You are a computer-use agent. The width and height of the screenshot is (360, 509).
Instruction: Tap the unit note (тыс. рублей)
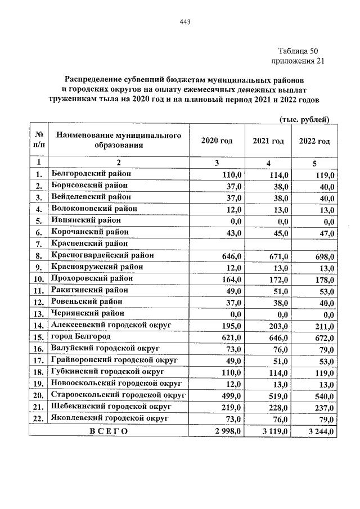[x=304, y=119]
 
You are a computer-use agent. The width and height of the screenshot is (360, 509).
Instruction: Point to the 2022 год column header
[x=314, y=141]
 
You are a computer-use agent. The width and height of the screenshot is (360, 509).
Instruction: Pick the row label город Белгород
[x=80, y=337]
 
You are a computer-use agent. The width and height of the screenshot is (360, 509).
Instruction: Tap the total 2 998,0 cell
[x=226, y=431]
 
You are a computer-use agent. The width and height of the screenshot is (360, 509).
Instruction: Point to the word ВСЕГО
[x=109, y=431]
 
